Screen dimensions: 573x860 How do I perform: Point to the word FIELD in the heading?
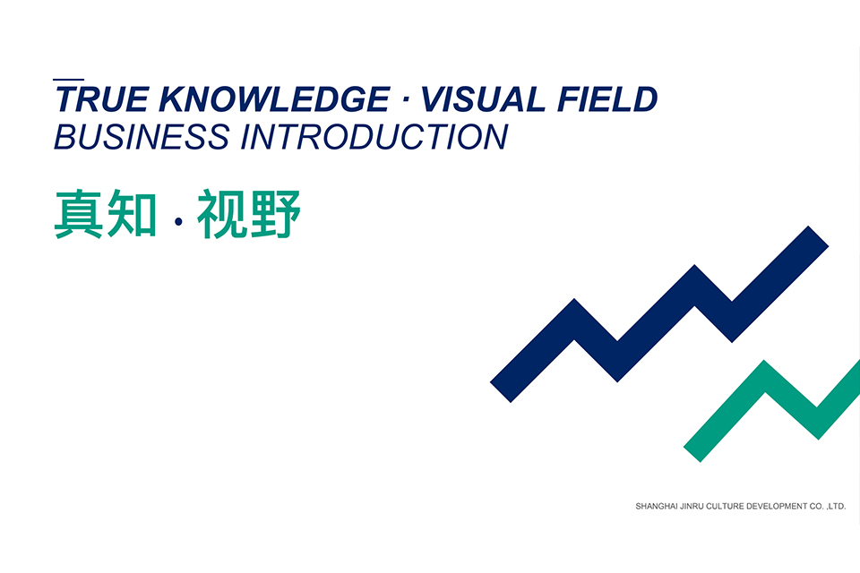pos(608,99)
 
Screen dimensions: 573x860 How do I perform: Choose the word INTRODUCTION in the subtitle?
pos(374,137)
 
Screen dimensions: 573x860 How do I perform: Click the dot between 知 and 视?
pos(177,218)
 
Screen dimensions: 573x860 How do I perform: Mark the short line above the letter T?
pos(69,80)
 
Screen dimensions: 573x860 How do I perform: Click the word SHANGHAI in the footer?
pos(658,507)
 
